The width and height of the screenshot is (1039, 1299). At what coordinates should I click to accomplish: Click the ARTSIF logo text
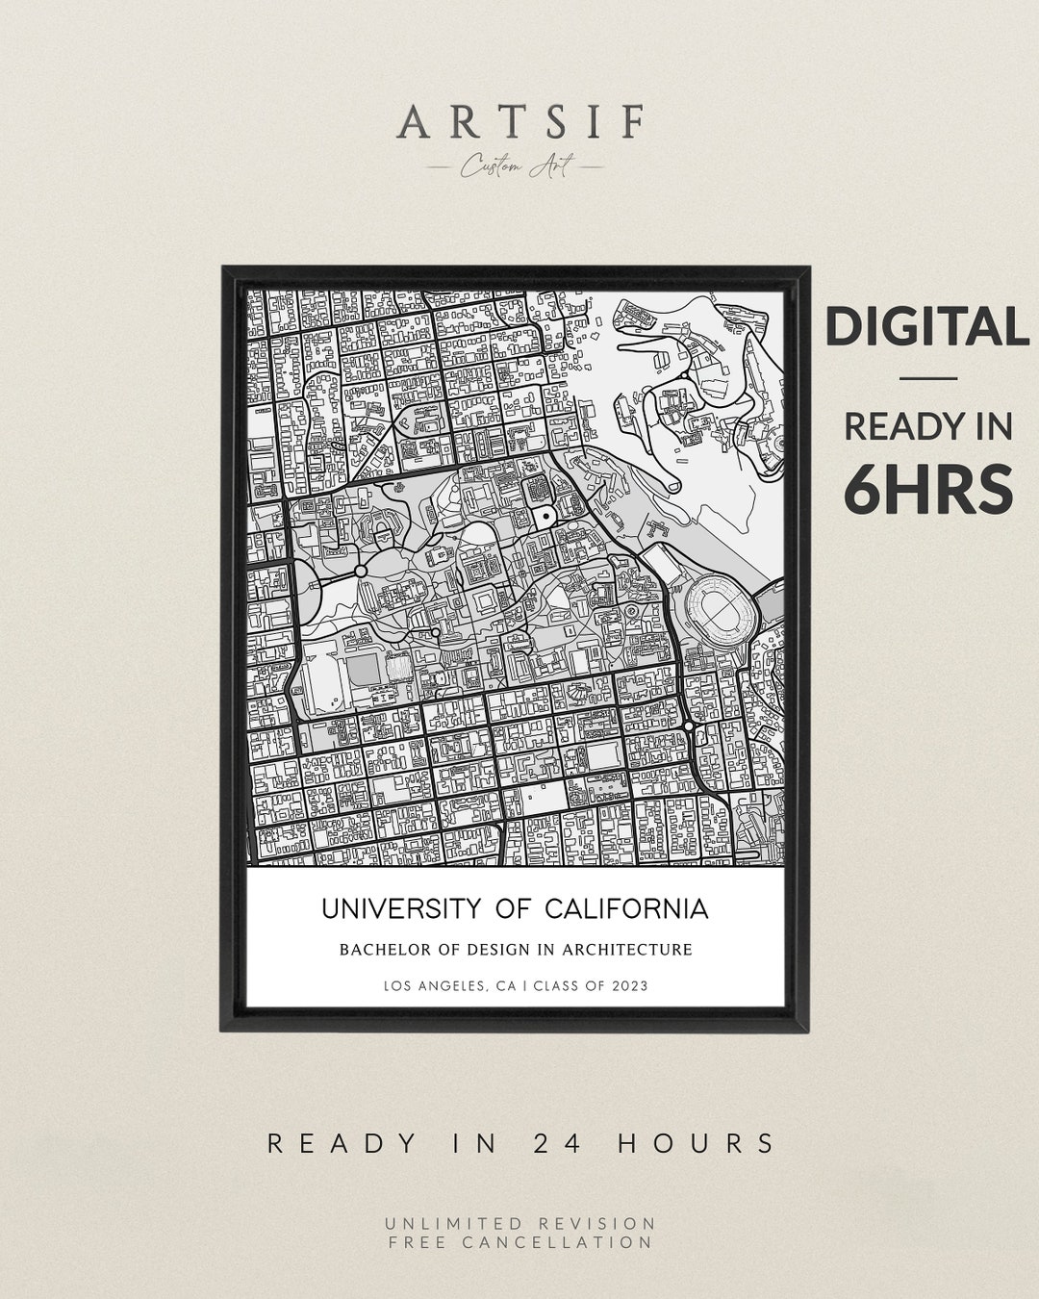tap(520, 122)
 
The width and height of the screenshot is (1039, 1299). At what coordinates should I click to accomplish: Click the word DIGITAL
tap(926, 327)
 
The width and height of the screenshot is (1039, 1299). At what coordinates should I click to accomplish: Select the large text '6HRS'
tap(928, 489)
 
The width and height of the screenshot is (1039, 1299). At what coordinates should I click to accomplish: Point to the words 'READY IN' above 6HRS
tap(928, 426)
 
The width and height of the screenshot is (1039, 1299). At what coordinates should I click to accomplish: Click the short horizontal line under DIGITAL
tap(928, 378)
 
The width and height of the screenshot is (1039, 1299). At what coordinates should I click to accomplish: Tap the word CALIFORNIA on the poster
tap(626, 909)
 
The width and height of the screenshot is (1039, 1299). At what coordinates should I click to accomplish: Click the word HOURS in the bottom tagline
tap(697, 1143)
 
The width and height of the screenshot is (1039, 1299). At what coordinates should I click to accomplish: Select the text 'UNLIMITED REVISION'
tap(520, 1223)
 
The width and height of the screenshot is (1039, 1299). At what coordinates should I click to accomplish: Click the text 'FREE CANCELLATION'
tap(520, 1242)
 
